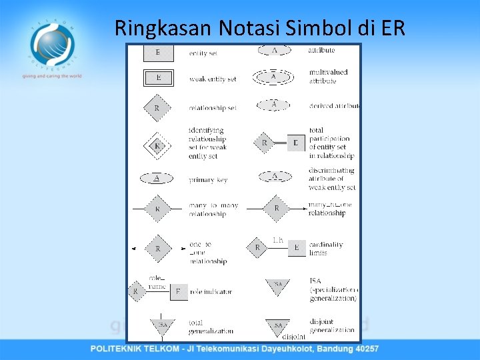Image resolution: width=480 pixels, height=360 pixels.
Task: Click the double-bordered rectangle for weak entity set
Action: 158,78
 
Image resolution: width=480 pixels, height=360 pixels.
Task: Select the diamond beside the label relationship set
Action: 157,108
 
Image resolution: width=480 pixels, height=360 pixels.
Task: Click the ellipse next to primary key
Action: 157,178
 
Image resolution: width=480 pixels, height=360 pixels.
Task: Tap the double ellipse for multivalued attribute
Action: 274,77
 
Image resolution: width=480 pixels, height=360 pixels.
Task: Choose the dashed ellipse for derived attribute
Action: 274,105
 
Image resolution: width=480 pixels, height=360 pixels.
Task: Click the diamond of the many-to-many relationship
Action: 157,209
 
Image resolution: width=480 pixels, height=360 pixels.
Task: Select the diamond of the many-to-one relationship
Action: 277,209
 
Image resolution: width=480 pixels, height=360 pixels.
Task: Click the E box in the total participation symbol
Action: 297,142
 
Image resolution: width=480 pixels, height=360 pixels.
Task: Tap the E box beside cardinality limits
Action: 297,248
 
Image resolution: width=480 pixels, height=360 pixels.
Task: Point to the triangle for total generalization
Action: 161,325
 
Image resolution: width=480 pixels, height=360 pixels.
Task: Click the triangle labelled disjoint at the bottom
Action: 278,326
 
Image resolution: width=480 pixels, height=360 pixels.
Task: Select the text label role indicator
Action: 210,291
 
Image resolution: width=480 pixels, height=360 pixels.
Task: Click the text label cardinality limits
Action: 326,248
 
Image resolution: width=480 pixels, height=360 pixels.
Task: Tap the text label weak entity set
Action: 213,79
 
